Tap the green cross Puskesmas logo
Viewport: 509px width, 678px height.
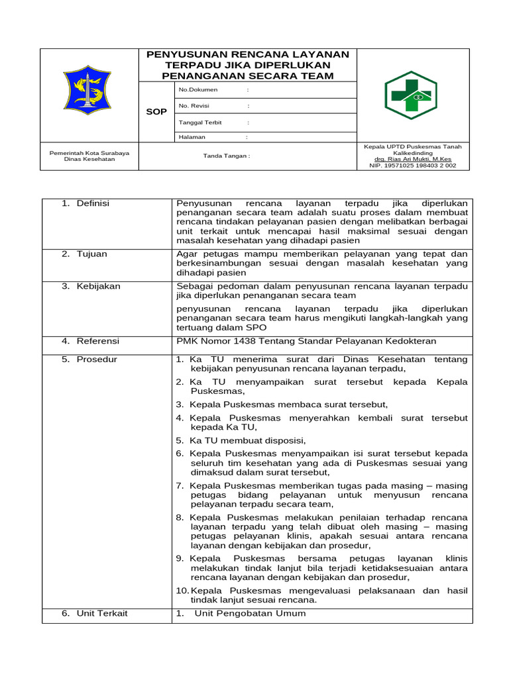pos(411,95)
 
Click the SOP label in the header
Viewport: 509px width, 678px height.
pos(156,112)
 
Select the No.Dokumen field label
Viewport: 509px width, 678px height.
pos(198,89)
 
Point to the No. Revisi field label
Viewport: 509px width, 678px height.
pos(194,106)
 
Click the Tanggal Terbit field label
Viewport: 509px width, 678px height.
pos(200,122)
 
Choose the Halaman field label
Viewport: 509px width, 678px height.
pos(192,137)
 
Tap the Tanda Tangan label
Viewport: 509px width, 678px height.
pos(227,156)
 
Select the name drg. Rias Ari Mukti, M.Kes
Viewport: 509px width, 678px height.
pos(413,159)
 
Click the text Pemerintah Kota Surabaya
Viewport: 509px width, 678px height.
pos(89,153)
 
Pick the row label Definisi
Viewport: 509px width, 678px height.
pos(93,203)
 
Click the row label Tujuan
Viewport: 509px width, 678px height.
pos(91,254)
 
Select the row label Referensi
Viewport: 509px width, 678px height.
pos(98,341)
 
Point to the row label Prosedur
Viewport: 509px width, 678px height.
pos(97,360)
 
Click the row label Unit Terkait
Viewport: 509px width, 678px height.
pos(102,613)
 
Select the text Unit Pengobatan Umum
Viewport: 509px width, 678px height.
pos(250,613)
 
